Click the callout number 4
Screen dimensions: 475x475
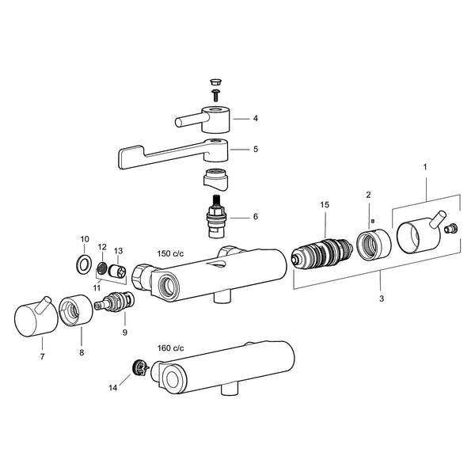point(256,118)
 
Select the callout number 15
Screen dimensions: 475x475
point(325,205)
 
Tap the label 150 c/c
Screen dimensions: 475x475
point(170,253)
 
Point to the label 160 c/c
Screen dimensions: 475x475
point(170,348)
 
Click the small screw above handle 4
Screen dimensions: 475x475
point(215,94)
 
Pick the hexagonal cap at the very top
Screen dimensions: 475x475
point(215,82)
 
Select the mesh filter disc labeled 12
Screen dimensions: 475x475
point(102,268)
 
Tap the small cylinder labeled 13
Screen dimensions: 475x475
point(118,271)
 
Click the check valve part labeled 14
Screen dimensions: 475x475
point(141,368)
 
